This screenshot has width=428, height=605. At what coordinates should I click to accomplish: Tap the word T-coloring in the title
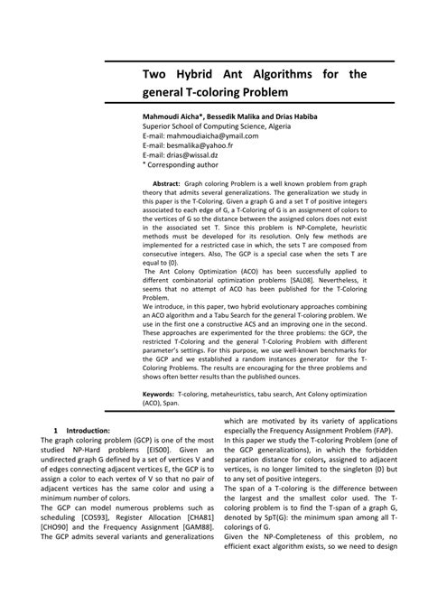[214, 92]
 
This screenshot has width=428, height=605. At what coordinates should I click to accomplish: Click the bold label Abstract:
[165, 182]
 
